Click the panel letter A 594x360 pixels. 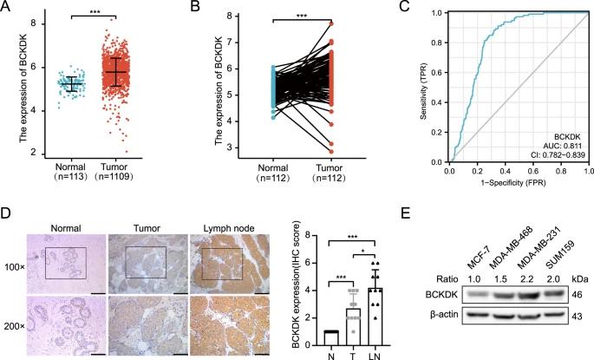[x=7, y=7]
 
